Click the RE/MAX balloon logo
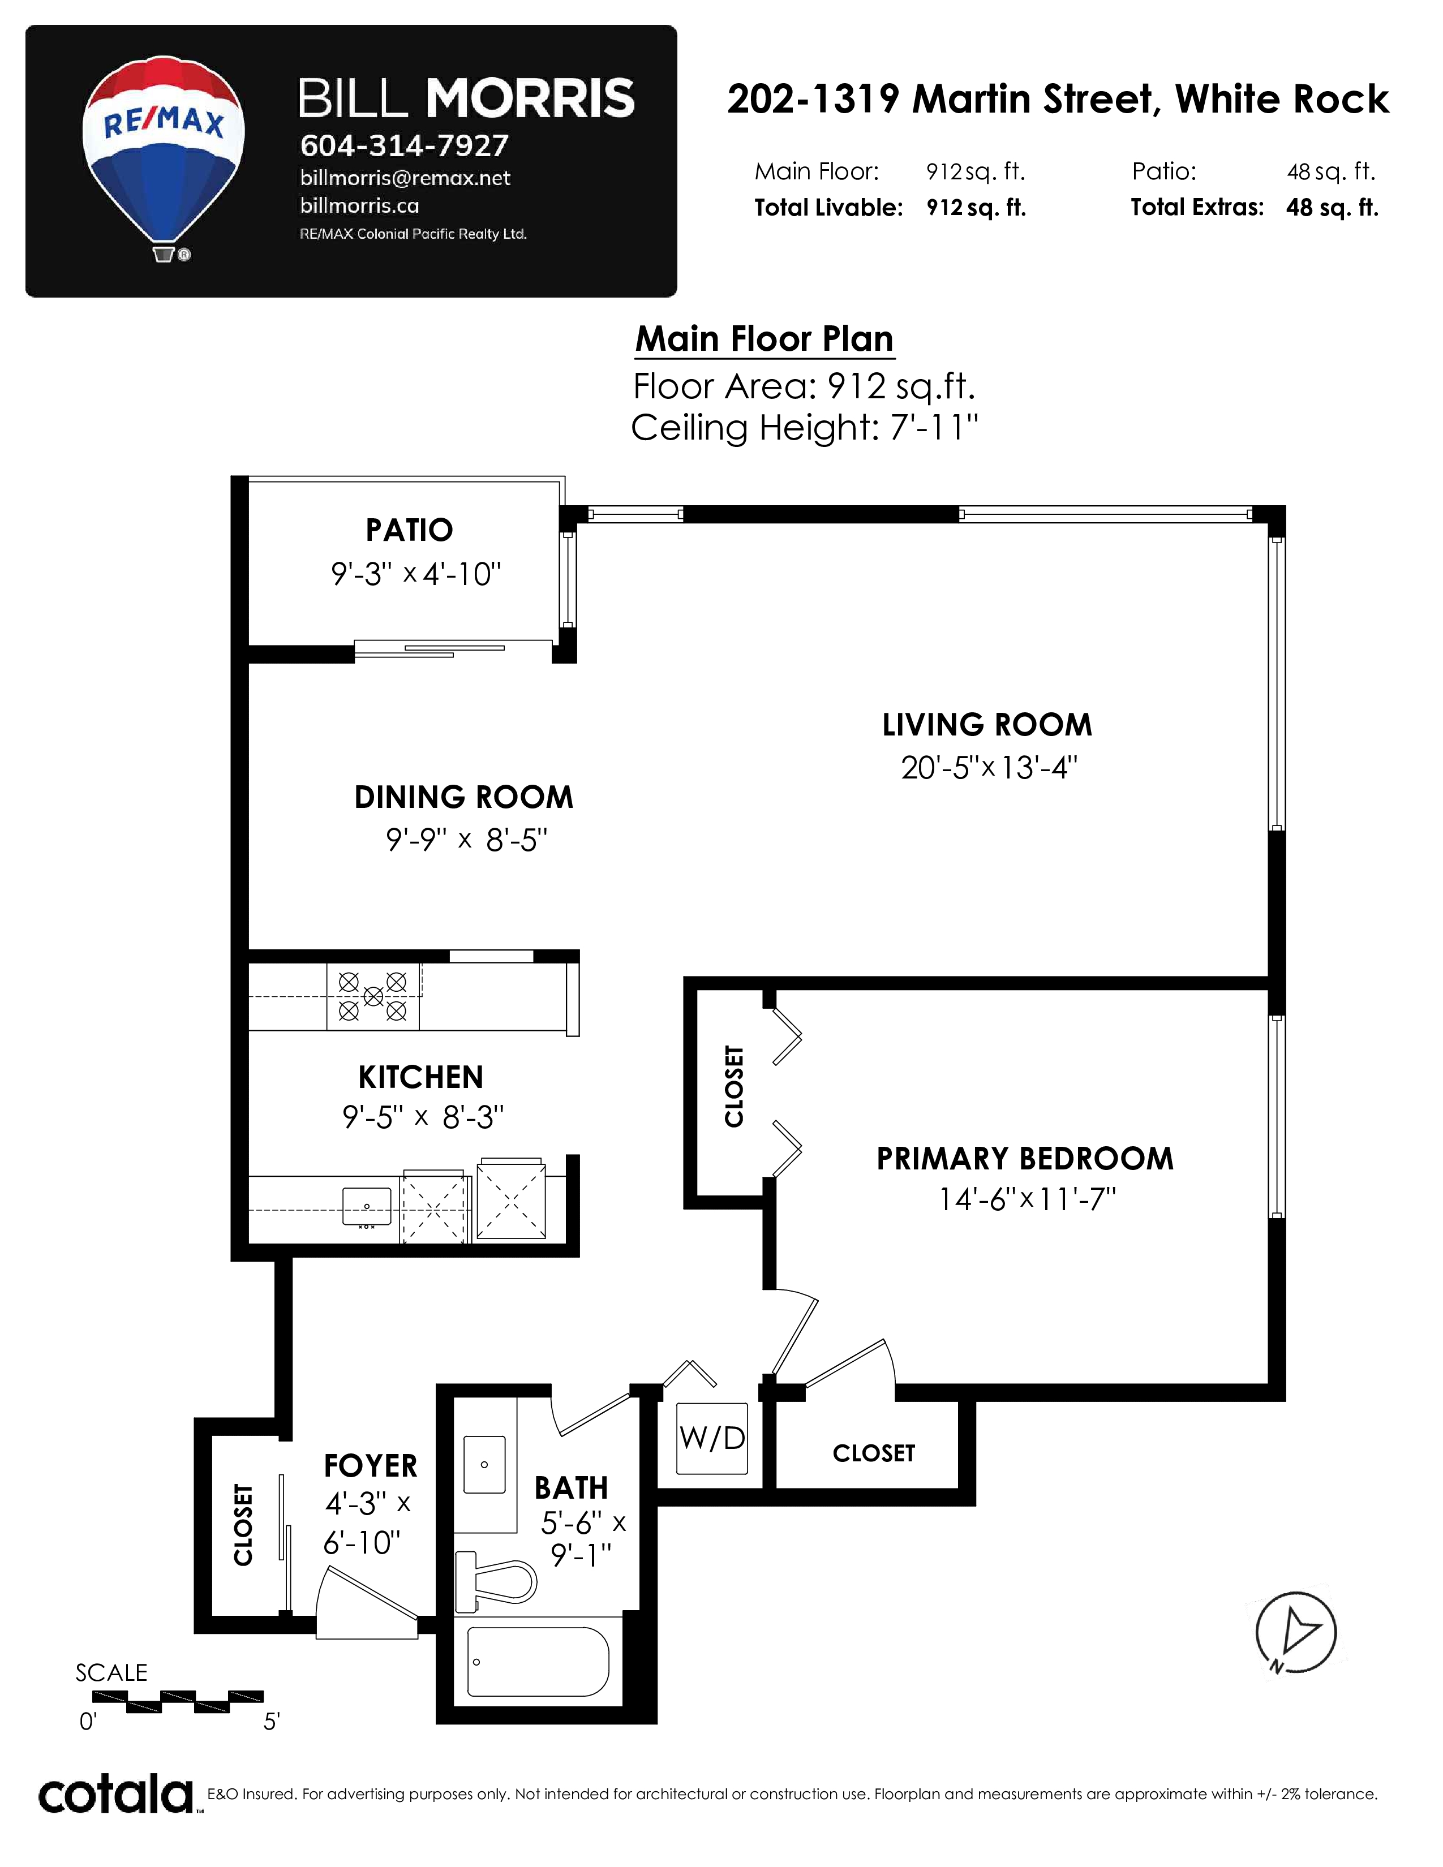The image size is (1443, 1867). pyautogui.click(x=164, y=159)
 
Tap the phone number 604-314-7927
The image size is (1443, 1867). pyautogui.click(x=405, y=146)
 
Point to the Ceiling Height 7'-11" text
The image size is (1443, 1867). pyautogui.click(x=805, y=427)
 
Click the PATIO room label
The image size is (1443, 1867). pyautogui.click(x=410, y=530)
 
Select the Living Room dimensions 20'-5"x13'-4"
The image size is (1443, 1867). pyautogui.click(x=988, y=767)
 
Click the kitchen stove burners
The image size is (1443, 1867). pyautogui.click(x=373, y=996)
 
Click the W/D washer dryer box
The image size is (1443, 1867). pyautogui.click(x=712, y=1438)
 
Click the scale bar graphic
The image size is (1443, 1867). pyautogui.click(x=178, y=1701)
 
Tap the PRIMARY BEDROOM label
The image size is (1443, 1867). pyautogui.click(x=1025, y=1158)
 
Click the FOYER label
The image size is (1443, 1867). pyautogui.click(x=370, y=1466)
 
